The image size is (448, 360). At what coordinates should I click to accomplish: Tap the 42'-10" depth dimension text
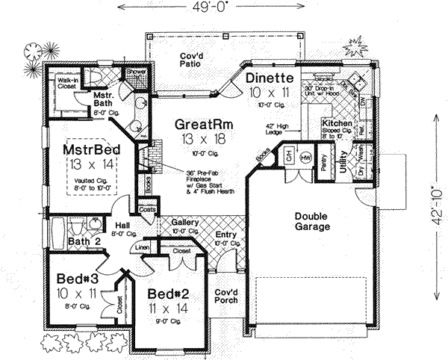[x=438, y=196]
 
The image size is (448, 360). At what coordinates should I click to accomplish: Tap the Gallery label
[x=184, y=223]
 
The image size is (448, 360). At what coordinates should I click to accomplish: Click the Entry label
[x=225, y=235]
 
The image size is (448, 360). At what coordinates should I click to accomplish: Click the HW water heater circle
[x=305, y=159]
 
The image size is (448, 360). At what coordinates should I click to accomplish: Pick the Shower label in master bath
[x=137, y=73]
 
